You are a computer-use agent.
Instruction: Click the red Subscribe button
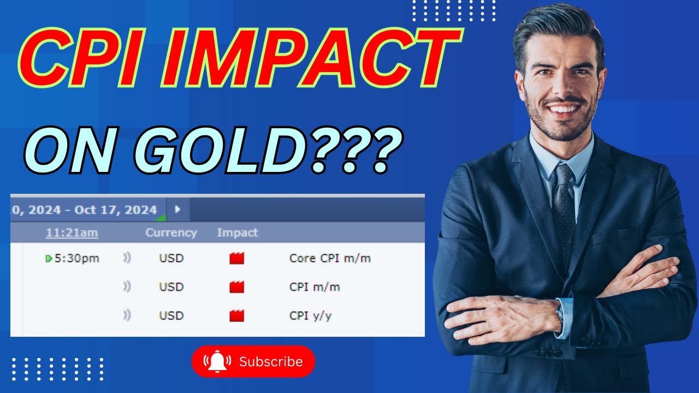click(253, 361)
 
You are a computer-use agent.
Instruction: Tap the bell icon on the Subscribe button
click(217, 361)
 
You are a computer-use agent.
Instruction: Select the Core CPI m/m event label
click(330, 258)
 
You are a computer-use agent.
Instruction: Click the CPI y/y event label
click(310, 315)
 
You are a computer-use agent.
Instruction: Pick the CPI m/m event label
click(315, 287)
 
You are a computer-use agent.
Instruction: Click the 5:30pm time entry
click(76, 258)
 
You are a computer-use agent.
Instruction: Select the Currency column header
click(171, 233)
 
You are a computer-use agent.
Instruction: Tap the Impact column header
click(238, 233)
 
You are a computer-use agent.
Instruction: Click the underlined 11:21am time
click(72, 233)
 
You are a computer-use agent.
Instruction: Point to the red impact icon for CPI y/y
click(236, 315)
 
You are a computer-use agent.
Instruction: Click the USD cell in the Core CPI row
click(171, 258)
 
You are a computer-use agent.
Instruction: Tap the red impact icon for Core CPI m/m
click(236, 258)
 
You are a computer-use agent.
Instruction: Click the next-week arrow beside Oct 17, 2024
click(177, 209)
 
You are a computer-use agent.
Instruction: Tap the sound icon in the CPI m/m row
click(127, 287)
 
